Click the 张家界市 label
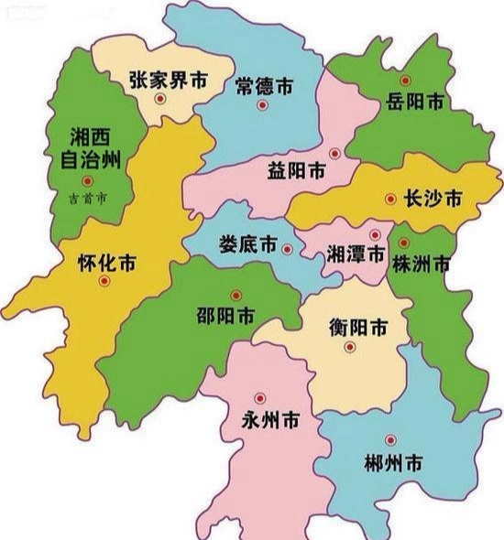tap(169, 80)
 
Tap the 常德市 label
tap(263, 87)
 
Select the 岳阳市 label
tap(415, 101)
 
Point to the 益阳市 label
tap(296, 171)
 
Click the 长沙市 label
tap(433, 199)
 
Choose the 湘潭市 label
tap(356, 255)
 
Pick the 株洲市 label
tap(421, 265)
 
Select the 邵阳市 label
tap(225, 317)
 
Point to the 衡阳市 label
tap(357, 327)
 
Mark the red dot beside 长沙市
tap(391, 198)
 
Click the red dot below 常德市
tap(262, 105)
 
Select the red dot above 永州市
tap(259, 398)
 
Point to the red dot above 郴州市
tap(390, 439)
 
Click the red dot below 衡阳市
tap(350, 346)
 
